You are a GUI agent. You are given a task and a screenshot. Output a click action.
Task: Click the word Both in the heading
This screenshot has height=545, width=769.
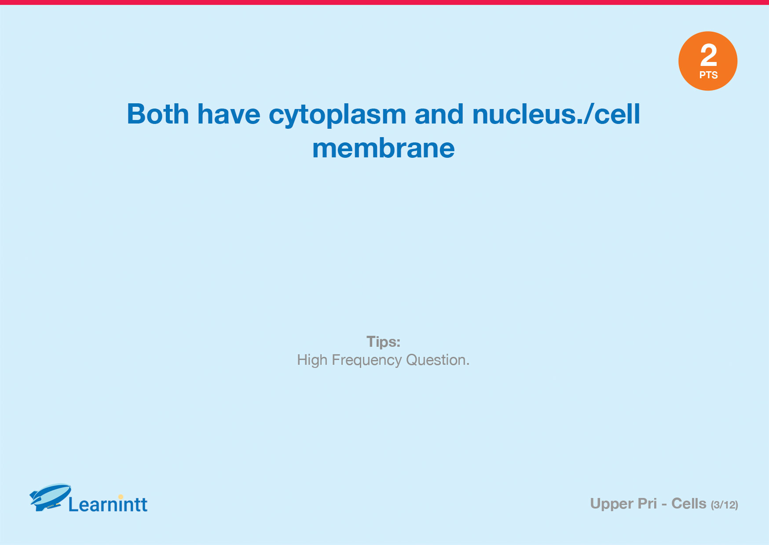coord(158,114)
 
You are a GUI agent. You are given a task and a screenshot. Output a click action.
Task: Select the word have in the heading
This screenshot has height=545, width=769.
coord(229,114)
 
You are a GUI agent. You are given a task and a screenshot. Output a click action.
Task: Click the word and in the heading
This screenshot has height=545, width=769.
coord(439,114)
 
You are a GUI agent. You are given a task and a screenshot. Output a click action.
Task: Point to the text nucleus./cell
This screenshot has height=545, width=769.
coord(556,114)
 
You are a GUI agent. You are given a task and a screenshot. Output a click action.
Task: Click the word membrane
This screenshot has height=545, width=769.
coord(384,148)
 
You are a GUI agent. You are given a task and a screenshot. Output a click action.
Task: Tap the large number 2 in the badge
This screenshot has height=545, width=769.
coord(708,55)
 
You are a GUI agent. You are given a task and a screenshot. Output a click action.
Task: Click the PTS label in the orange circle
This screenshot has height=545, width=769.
coord(708,75)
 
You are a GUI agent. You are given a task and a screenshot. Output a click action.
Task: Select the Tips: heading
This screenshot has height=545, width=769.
coord(384,342)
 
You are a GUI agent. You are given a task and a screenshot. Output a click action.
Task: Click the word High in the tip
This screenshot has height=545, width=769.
coord(312,360)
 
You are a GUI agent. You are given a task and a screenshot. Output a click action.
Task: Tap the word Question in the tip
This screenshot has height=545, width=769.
coord(436,360)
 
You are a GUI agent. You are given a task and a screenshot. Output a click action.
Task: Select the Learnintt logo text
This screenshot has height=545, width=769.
coord(108,504)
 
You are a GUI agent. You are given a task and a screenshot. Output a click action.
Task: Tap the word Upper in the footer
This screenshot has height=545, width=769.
coord(611,504)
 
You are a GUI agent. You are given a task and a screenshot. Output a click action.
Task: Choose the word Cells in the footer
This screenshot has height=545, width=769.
coord(689,504)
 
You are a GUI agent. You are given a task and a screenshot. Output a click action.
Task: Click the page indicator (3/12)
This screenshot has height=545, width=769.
coord(725,505)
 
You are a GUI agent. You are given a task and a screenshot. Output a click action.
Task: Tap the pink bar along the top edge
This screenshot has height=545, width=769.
coord(384,2)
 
